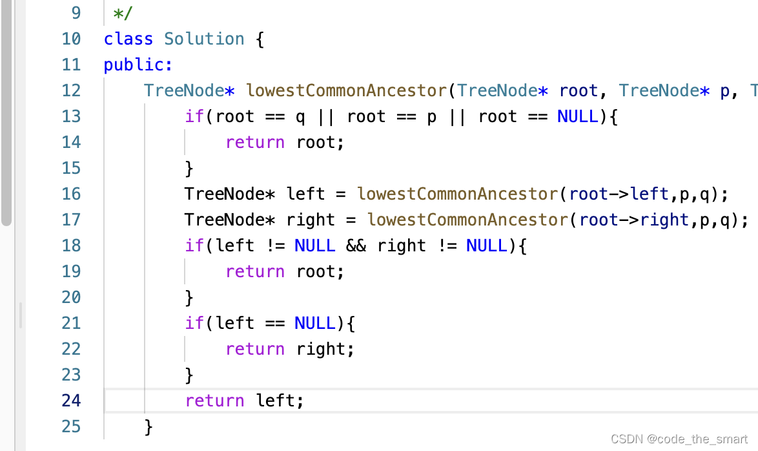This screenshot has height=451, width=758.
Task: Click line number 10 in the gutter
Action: click(x=71, y=39)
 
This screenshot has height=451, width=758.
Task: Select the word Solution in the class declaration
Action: click(x=204, y=39)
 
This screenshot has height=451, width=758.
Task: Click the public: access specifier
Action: click(x=138, y=65)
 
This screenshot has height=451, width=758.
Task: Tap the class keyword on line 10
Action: click(x=128, y=39)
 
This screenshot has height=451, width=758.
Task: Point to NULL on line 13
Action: click(x=577, y=116)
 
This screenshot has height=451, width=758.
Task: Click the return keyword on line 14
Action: click(x=255, y=142)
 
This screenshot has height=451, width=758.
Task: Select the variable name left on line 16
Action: click(x=305, y=194)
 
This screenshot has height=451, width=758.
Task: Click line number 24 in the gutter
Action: click(x=71, y=401)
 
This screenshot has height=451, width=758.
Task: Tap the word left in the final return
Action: click(x=275, y=401)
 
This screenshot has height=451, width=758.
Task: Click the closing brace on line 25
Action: click(x=149, y=426)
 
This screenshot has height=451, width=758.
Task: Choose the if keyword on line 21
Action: click(x=194, y=323)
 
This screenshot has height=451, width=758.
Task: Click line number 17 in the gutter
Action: click(x=71, y=220)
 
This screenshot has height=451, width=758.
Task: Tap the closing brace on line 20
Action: click(x=189, y=297)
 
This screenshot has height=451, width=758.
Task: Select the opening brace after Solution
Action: click(x=260, y=39)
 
